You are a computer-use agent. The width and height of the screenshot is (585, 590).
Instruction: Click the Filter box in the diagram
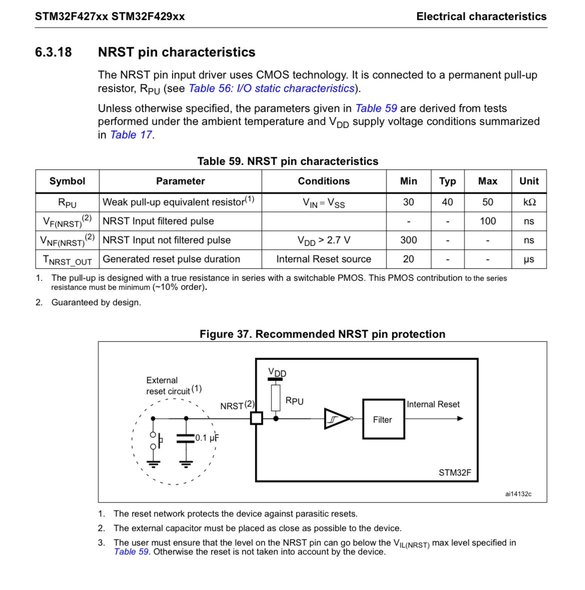click(x=383, y=419)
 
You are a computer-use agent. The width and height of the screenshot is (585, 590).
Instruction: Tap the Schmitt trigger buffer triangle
click(x=336, y=419)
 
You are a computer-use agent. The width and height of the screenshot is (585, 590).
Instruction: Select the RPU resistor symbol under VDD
click(x=275, y=398)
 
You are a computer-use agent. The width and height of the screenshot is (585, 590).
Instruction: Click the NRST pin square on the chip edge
click(x=256, y=419)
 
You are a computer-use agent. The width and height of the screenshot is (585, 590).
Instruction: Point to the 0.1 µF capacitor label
click(x=207, y=438)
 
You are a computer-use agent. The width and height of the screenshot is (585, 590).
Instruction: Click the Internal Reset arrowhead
click(x=460, y=419)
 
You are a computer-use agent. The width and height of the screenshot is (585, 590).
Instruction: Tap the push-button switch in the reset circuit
click(x=155, y=440)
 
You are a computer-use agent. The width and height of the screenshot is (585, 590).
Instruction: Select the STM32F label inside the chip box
click(x=454, y=473)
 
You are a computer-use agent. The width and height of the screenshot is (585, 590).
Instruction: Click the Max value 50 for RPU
click(x=487, y=202)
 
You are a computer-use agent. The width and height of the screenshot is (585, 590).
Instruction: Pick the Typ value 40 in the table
click(x=447, y=202)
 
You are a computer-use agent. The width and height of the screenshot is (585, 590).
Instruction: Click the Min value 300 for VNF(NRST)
click(x=408, y=240)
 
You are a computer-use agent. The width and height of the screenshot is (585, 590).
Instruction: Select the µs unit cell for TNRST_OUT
click(x=529, y=259)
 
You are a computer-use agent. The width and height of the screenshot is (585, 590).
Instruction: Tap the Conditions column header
click(x=323, y=181)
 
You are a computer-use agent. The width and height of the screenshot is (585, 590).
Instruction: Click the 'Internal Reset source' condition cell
click(x=323, y=259)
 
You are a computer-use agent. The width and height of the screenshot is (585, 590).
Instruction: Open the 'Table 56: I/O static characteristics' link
click(x=271, y=88)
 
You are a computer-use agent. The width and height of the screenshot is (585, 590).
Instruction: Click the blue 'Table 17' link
click(x=131, y=135)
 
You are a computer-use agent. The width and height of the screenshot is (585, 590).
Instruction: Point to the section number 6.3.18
click(x=53, y=52)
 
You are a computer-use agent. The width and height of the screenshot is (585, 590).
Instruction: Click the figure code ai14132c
click(x=518, y=494)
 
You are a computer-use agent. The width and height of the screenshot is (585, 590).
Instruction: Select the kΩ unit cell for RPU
click(x=529, y=202)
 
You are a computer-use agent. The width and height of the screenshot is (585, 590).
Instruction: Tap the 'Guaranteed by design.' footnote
click(x=96, y=303)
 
